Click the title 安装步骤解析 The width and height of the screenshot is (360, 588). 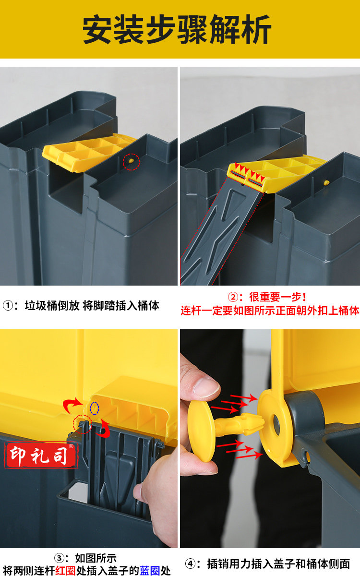pos(177,29)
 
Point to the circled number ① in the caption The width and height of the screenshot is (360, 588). pos(8,306)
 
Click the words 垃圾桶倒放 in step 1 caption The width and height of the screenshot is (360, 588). pos(52,306)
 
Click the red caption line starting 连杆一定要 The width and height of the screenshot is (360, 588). pos(270,311)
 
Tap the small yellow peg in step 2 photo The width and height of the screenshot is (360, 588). pos(326,183)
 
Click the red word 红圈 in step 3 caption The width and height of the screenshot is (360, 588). pos(65,571)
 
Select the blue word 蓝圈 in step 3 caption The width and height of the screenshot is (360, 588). pos(149,571)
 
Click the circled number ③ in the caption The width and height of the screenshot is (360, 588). pos(60,558)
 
